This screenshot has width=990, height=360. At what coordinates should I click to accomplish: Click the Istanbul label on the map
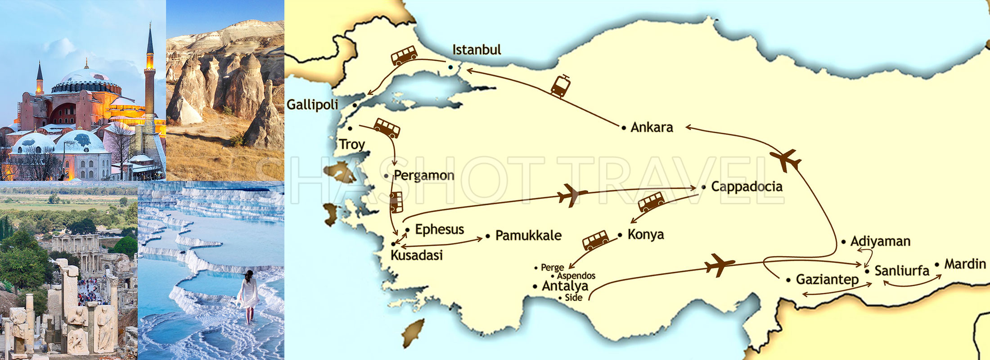477,49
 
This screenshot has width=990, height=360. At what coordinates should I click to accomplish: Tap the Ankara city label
652,127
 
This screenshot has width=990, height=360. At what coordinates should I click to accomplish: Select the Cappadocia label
747,187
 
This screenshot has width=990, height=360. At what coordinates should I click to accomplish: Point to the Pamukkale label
528,235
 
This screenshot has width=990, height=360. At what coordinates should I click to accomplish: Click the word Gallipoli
312,105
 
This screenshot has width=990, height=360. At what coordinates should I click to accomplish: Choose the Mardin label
965,264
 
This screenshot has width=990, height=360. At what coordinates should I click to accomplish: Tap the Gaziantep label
827,279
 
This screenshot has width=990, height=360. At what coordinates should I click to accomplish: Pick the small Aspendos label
576,275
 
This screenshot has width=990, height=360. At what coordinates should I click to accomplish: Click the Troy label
352,144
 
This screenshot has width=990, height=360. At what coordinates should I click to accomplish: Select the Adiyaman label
880,242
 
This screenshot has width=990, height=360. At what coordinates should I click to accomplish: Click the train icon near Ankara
561,86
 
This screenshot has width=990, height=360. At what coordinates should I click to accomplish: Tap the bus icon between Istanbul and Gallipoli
404,56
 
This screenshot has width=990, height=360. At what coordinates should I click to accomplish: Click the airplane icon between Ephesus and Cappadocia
571,195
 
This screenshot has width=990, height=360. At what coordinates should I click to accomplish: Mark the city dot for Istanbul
450,67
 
